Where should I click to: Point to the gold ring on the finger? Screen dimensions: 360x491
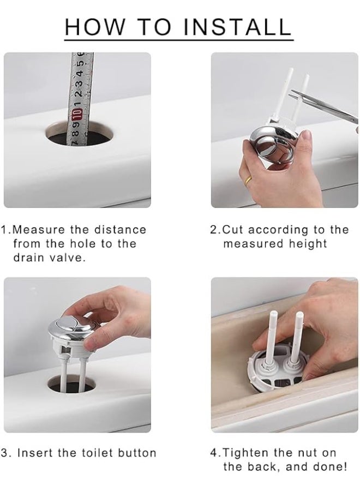[x=248, y=181]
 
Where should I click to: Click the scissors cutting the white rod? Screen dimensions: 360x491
[x=326, y=106]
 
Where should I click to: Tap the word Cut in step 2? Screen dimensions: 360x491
[x=232, y=230]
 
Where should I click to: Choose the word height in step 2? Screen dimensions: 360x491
[x=308, y=243]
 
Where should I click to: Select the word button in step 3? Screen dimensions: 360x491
[x=137, y=453]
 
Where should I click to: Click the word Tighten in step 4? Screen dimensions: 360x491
[x=245, y=453]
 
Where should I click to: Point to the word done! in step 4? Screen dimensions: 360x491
[x=330, y=466]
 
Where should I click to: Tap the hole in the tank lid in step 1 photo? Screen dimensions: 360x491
[x=79, y=134]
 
